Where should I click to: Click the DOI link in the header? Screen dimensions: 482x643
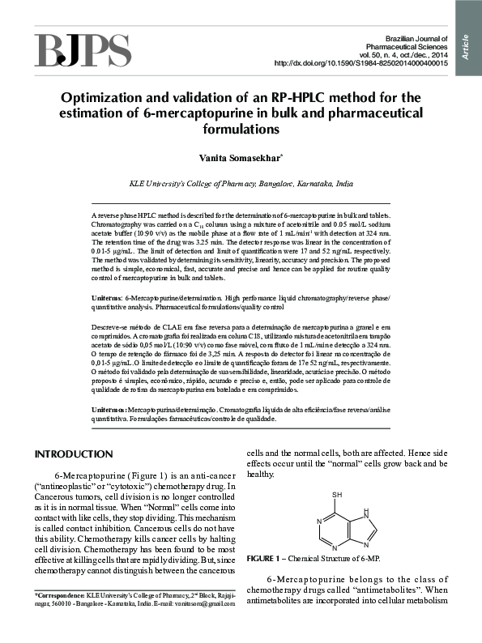coord(361,63)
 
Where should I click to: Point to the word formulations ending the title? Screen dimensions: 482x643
coord(241,130)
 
